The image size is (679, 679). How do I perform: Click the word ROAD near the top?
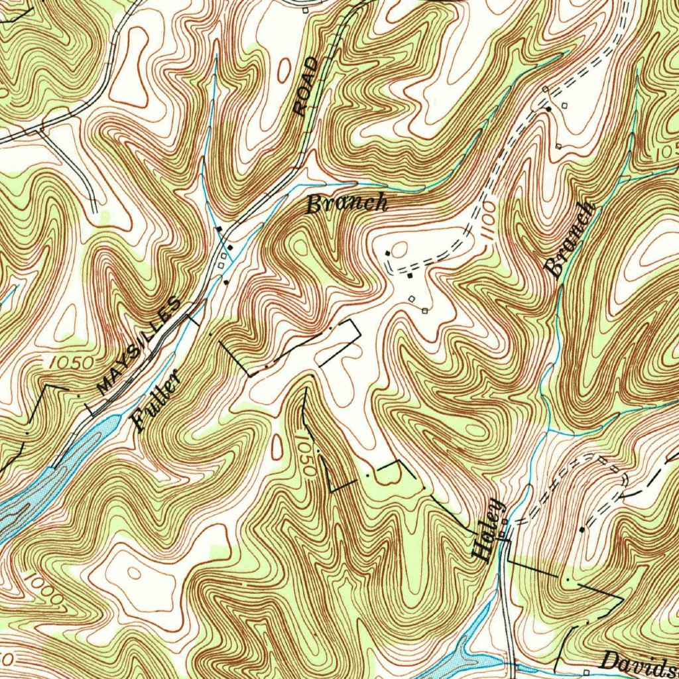[306, 87]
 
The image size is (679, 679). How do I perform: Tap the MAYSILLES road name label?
[138, 347]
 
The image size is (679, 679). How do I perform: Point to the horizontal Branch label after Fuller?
[347, 204]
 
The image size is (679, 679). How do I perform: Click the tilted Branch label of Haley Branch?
[570, 240]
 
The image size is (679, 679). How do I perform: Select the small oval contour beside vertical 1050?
[277, 447]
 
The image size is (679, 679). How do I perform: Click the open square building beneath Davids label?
[586, 672]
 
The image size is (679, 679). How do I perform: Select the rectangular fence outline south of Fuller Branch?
[338, 345]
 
